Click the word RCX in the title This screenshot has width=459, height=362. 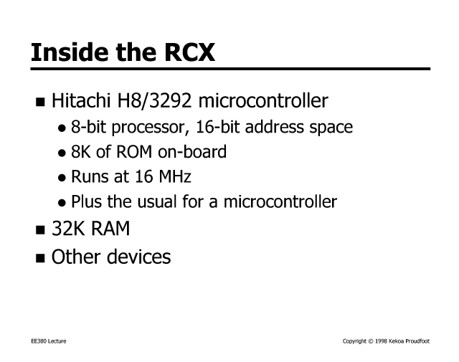[x=189, y=52]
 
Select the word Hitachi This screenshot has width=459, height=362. [x=81, y=100]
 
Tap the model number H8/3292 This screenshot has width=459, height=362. [x=154, y=100]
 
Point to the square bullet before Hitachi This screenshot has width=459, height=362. [x=40, y=102]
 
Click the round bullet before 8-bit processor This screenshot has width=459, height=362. [x=62, y=128]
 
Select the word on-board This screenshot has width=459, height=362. [x=192, y=151]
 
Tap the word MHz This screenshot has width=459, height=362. [x=175, y=176]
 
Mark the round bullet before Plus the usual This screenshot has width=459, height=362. [x=62, y=203]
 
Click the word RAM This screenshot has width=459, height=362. [x=110, y=228]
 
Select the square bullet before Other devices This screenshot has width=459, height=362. [x=40, y=258]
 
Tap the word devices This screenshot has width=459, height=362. [x=138, y=257]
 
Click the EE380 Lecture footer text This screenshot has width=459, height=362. [x=49, y=341]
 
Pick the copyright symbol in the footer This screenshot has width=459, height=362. [x=371, y=341]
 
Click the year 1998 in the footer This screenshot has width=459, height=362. [x=381, y=341]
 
